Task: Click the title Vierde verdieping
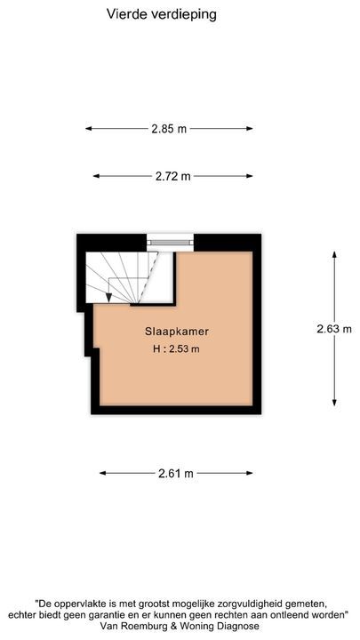161,14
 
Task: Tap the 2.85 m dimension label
169,129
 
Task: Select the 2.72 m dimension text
173,176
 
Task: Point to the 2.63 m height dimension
334,328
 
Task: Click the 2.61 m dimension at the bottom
176,474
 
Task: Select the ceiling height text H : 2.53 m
176,348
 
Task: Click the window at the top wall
170,239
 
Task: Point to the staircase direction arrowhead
108,297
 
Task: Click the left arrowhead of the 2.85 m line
89,129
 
